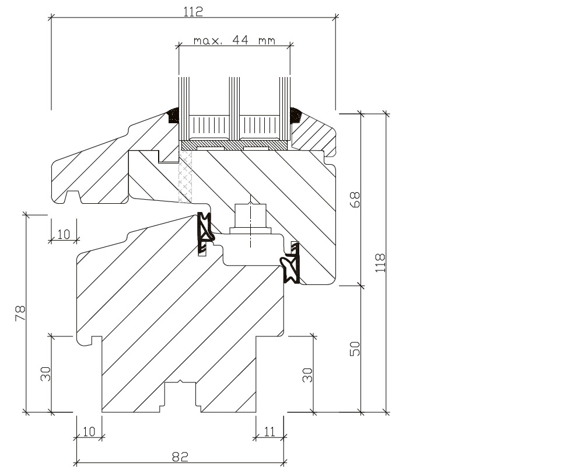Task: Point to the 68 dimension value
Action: [356, 199]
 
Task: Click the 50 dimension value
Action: [356, 349]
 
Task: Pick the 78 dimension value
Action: [20, 313]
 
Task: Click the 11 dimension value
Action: [269, 432]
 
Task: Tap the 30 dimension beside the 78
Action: [46, 374]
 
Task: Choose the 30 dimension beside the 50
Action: [307, 374]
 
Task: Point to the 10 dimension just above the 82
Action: [89, 432]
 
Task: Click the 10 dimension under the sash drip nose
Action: [64, 234]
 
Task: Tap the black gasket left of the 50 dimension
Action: [291, 266]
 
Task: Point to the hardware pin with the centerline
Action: [251, 218]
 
